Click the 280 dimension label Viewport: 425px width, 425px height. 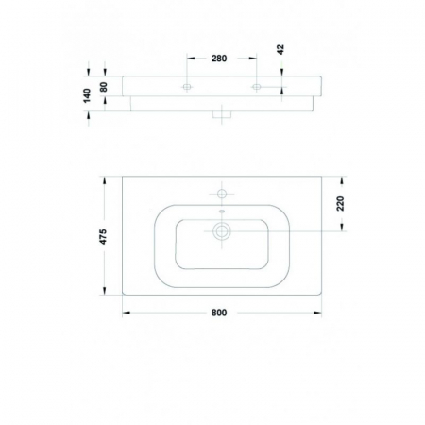[x=219, y=59]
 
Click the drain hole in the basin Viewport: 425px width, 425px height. [x=222, y=229]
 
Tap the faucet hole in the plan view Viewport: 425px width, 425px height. [x=222, y=194]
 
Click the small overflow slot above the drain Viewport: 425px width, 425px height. [x=222, y=212]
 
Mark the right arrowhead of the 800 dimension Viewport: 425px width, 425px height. [x=317, y=314]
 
